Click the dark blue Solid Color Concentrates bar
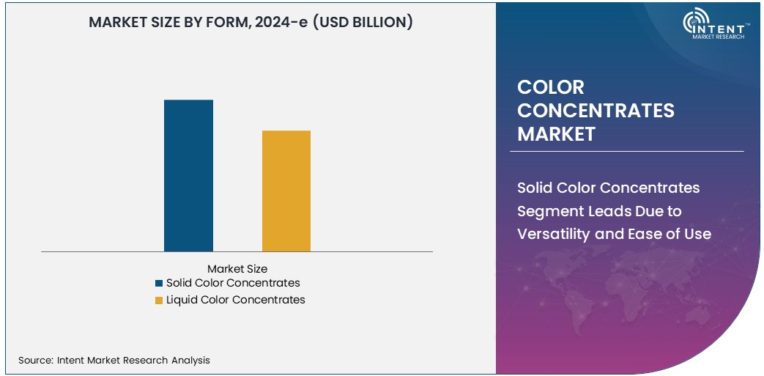tap(188, 176)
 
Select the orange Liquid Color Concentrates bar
tap(286, 191)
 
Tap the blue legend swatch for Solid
tap(159, 283)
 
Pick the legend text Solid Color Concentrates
tap(233, 283)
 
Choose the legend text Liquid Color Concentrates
tap(235, 300)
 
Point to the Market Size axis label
tap(237, 269)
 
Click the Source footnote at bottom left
tap(114, 360)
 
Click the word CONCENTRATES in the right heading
tap(596, 111)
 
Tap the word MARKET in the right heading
tap(556, 134)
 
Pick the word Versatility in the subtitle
tap(557, 235)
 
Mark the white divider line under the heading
tap(626, 152)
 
